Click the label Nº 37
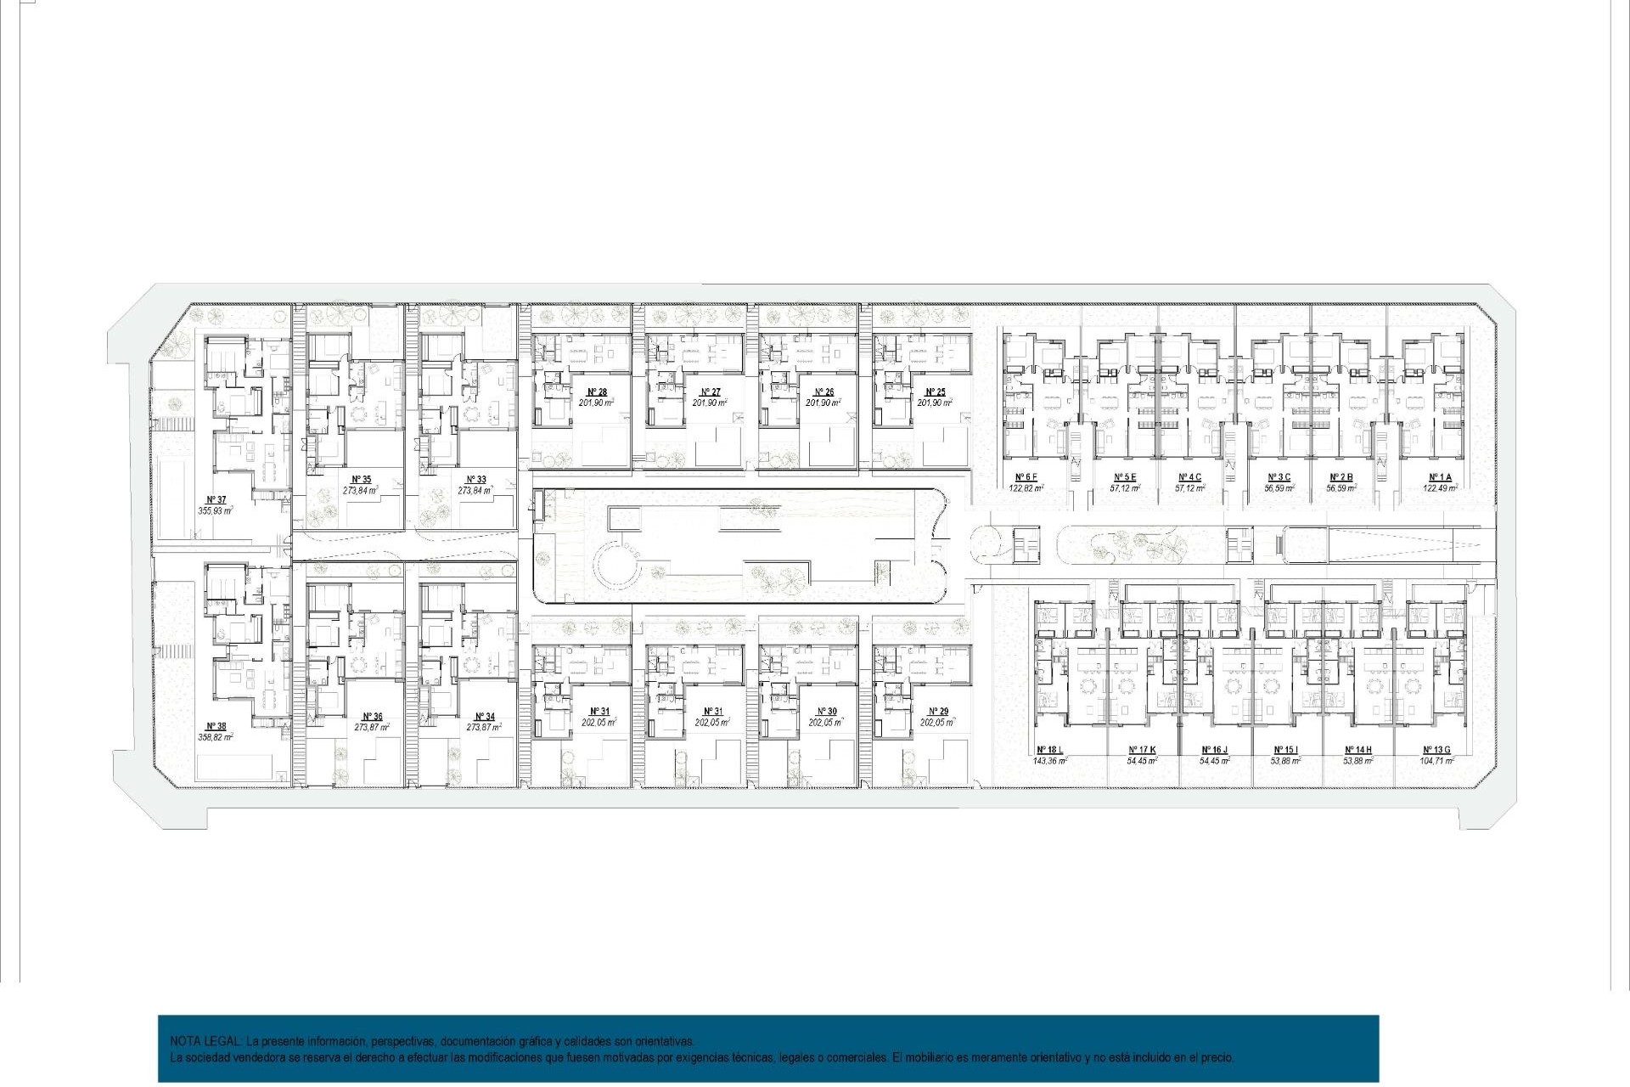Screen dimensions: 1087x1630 [x=216, y=500]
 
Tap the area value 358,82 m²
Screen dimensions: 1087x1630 [x=216, y=737]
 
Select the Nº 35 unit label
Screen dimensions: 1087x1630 [x=362, y=480]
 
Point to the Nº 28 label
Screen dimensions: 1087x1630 [x=597, y=392]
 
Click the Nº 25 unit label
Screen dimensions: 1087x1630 [x=936, y=392]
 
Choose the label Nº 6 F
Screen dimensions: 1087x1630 [x=1026, y=477]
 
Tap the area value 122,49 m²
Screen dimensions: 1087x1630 [x=1440, y=488]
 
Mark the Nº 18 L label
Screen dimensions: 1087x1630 [x=1049, y=750]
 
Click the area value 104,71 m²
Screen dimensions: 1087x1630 [x=1436, y=761]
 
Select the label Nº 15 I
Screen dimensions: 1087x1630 [x=1285, y=750]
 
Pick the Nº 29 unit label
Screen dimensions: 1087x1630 [x=938, y=712]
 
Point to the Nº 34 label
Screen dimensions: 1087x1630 [x=485, y=717]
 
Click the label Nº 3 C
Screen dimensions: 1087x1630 [x=1279, y=477]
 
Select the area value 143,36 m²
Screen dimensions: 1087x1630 [x=1049, y=761]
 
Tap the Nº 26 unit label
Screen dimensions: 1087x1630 [x=823, y=392]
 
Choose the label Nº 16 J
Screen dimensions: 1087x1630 [x=1214, y=750]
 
